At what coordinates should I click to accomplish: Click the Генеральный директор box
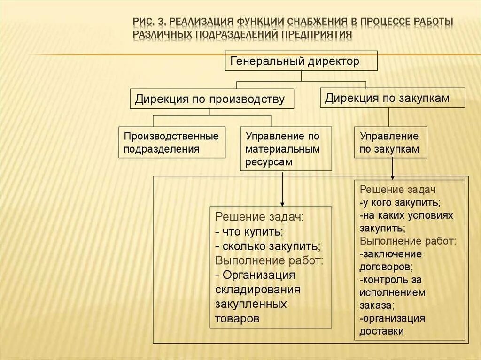tap(301, 61)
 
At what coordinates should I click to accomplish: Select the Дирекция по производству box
tap(212, 99)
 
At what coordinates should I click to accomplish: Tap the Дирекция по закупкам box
tap(393, 98)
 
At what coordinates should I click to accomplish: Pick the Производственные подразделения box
tap(172, 142)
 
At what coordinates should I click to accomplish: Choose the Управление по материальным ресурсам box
tap(286, 148)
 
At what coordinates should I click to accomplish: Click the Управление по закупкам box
tap(390, 142)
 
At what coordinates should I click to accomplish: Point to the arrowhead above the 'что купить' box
tap(282, 203)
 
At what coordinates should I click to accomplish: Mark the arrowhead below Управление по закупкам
tap(393, 176)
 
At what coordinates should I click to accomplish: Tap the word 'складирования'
tap(257, 290)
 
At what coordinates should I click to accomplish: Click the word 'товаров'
tap(237, 318)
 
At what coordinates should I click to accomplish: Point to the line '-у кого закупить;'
tap(400, 203)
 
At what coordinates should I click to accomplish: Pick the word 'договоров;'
tap(386, 267)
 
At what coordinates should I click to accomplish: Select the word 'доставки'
tap(382, 331)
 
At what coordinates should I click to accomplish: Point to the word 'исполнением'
tap(393, 292)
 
